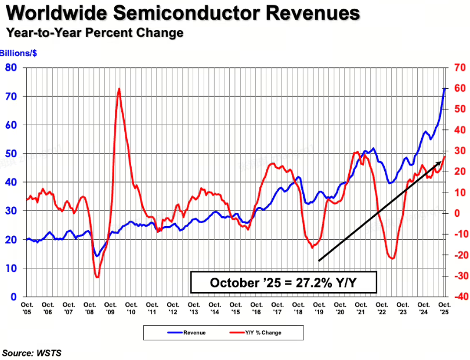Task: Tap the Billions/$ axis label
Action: click(19, 53)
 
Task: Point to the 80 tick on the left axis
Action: click(11, 68)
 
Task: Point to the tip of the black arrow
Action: click(441, 162)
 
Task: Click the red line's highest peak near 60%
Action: click(119, 89)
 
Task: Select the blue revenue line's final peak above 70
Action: click(444, 88)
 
